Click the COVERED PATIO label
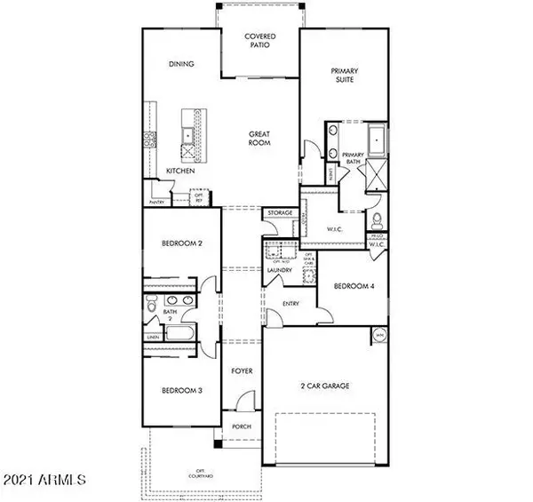(260, 41)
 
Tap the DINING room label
(181, 64)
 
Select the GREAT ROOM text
(259, 139)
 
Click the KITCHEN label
(180, 170)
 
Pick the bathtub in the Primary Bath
(378, 140)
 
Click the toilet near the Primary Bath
(378, 220)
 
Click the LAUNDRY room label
(280, 274)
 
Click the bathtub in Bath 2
(181, 335)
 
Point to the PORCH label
(241, 426)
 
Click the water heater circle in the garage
(379, 336)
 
